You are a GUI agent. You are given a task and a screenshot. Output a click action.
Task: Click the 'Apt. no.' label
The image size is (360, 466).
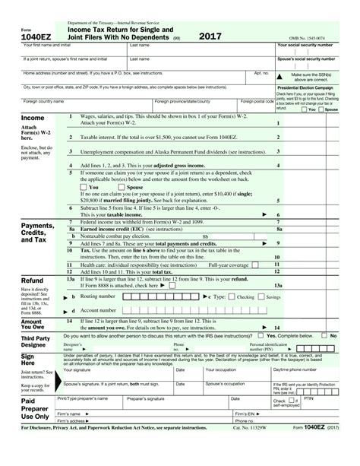point(261,73)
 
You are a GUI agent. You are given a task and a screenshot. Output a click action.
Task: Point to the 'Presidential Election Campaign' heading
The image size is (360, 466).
point(317,87)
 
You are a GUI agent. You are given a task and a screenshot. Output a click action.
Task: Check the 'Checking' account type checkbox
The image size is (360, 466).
point(230,296)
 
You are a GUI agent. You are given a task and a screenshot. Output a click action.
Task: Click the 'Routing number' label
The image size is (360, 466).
point(98,296)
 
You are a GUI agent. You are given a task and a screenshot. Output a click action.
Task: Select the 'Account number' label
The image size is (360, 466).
point(99,311)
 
